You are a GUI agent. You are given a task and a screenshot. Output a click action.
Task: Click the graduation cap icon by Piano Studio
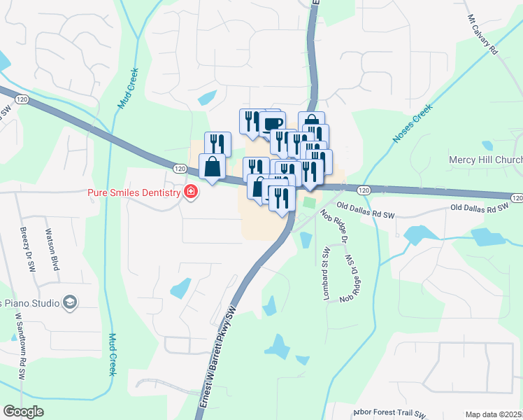click(70, 302)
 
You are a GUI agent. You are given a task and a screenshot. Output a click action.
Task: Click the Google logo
click(23, 412)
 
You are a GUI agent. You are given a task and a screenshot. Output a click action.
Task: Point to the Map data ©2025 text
click(493, 414)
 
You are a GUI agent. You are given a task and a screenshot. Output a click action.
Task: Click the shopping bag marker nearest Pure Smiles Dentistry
click(212, 168)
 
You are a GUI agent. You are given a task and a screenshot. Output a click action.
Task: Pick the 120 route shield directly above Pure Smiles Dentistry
click(180, 169)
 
